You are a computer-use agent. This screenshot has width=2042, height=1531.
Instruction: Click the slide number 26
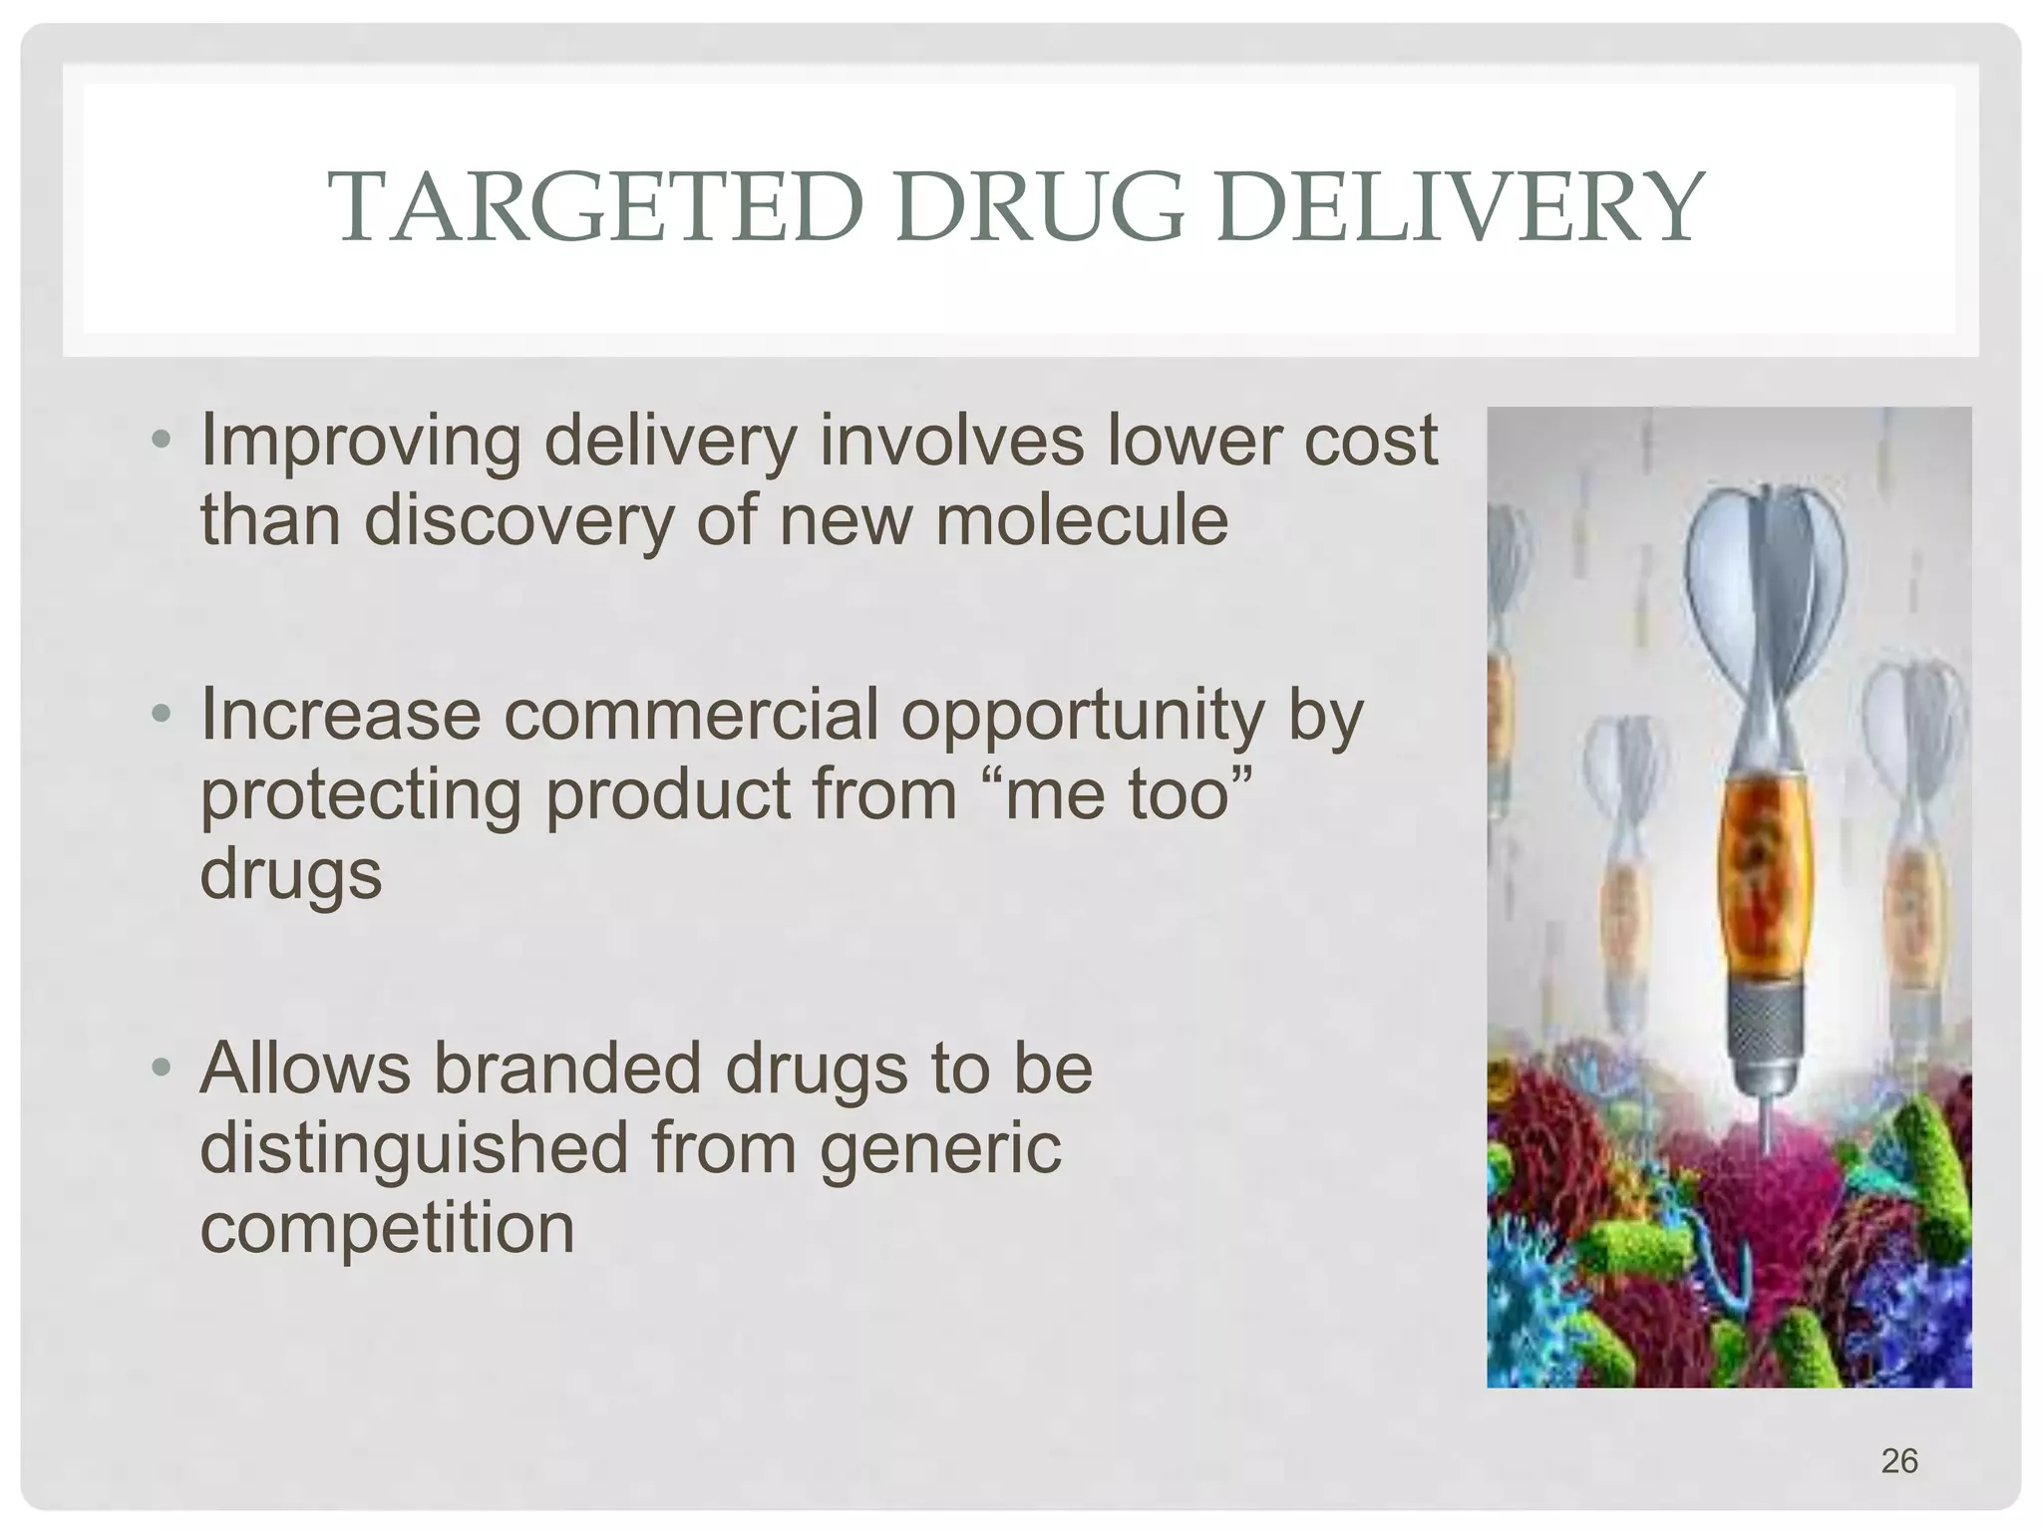pos(1899,1460)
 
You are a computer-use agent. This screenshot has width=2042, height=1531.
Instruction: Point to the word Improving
pos(360,442)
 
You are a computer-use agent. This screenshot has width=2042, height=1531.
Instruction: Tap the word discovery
pos(518,521)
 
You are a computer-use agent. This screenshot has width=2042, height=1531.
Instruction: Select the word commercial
pos(691,714)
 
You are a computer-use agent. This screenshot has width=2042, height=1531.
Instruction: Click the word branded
pos(567,1068)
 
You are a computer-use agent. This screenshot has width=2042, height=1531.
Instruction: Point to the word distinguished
pos(413,1148)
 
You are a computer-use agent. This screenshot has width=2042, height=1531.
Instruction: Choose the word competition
pos(387,1227)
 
